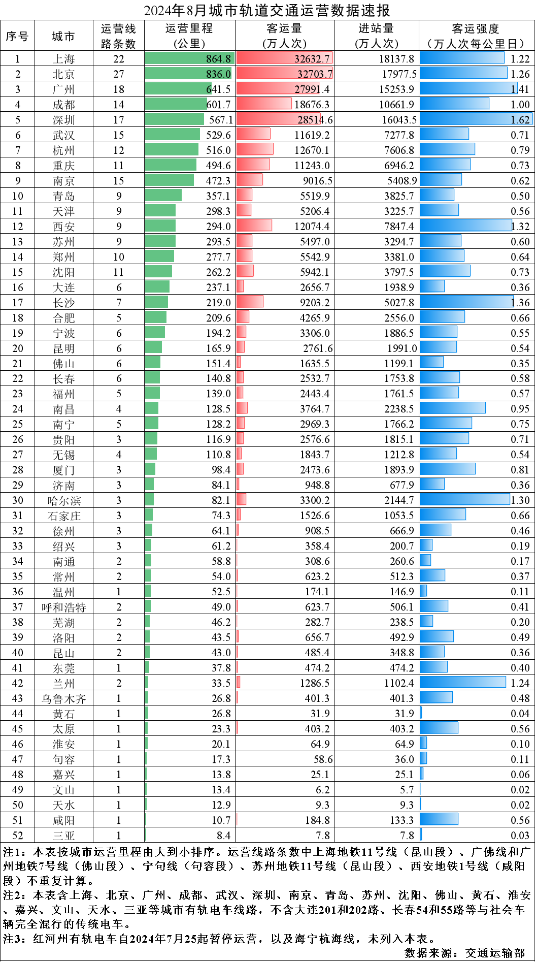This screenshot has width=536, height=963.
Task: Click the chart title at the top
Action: pyautogui.click(x=267, y=10)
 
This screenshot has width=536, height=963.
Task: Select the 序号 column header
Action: pyautogui.click(x=17, y=36)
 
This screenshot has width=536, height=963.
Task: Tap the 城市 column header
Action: pyautogui.click(x=63, y=36)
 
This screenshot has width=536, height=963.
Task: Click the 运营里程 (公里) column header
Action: pyautogui.click(x=189, y=36)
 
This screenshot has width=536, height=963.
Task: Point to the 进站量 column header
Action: pyautogui.click(x=376, y=36)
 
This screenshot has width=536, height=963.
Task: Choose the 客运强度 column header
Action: pyautogui.click(x=476, y=36)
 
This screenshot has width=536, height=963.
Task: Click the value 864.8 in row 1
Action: pyautogui.click(x=218, y=59)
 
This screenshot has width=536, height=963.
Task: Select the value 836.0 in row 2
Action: pyautogui.click(x=218, y=74)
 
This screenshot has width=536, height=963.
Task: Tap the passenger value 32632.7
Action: pyautogui.click(x=312, y=59)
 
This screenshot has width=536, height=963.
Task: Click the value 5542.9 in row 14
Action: pyautogui.click(x=315, y=257)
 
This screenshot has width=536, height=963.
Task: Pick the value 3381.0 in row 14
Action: pyautogui.click(x=399, y=257)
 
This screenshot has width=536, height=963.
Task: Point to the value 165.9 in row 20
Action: pyautogui.click(x=218, y=348)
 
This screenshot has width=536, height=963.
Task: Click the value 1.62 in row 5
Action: pyautogui.click(x=520, y=120)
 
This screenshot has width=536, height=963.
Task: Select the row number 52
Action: pyautogui.click(x=18, y=836)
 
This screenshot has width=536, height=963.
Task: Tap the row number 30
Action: pyautogui.click(x=18, y=500)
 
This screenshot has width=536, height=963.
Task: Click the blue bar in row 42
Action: pyautogui.click(x=463, y=682)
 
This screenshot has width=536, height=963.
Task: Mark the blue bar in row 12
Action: pyautogui.click(x=466, y=225)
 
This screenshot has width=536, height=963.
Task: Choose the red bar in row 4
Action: pyautogui.click(x=264, y=104)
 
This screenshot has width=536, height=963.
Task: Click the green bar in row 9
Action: pyautogui.click(x=170, y=180)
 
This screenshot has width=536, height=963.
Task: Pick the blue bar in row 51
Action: pyautogui.click(x=439, y=819)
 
